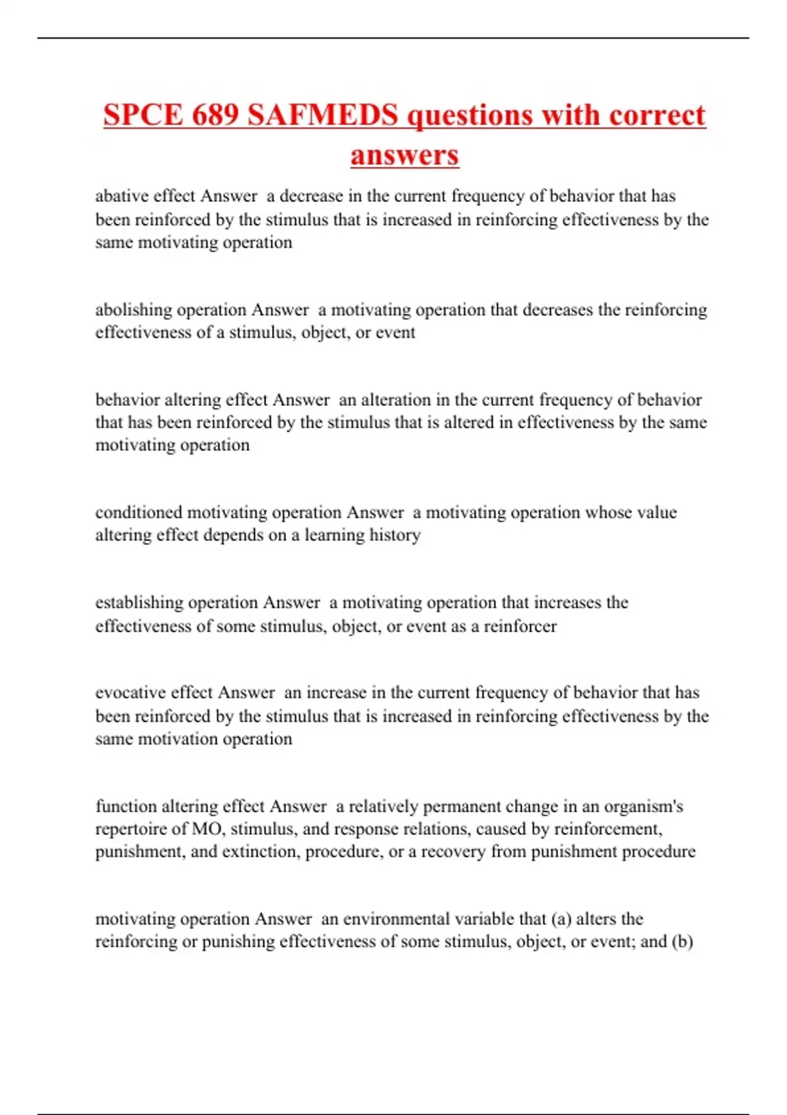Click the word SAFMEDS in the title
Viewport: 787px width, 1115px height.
pyautogui.click(x=323, y=115)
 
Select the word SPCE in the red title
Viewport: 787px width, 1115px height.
pyautogui.click(x=143, y=115)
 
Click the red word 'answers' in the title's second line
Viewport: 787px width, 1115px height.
pyautogui.click(x=405, y=155)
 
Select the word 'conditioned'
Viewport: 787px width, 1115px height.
pyautogui.click(x=138, y=512)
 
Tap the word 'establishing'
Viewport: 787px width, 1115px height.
pyautogui.click(x=139, y=602)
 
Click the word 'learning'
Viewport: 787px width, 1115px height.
pyautogui.click(x=334, y=535)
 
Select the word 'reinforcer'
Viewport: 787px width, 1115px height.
pyautogui.click(x=520, y=626)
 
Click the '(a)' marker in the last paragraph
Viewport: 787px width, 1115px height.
pyautogui.click(x=561, y=918)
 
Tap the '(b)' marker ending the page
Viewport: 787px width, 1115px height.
pyautogui.click(x=682, y=941)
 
